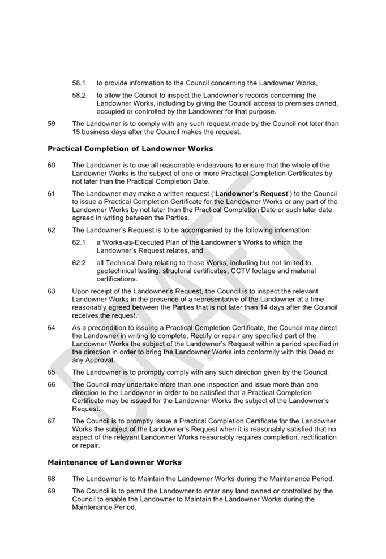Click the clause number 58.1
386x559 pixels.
point(79,83)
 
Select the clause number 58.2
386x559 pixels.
point(79,95)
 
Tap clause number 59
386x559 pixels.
point(51,124)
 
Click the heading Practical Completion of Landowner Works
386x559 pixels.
point(130,149)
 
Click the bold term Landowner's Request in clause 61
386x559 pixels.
point(252,193)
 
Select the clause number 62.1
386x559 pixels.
point(79,242)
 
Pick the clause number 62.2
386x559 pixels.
point(79,263)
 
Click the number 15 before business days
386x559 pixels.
point(76,132)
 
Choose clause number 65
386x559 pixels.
point(51,372)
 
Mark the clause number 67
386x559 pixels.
point(51,421)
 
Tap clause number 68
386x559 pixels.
point(51,479)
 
